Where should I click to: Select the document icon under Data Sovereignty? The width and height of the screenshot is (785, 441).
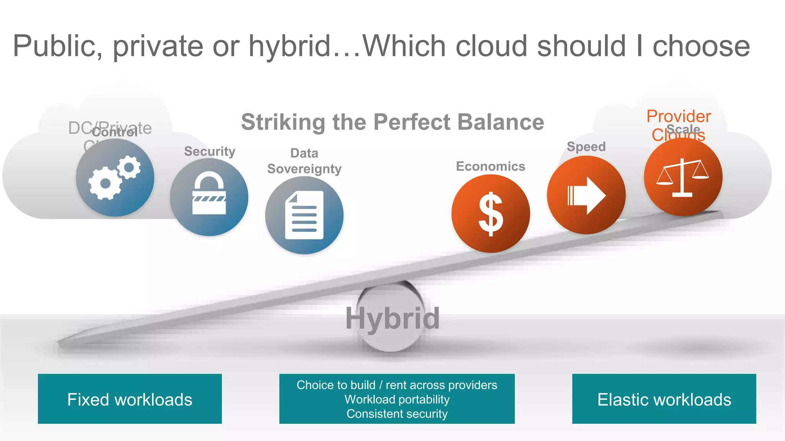pyautogui.click(x=304, y=216)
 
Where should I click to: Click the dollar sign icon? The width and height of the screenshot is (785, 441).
pyautogui.click(x=491, y=214)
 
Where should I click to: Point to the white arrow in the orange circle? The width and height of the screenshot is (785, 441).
pyautogui.click(x=586, y=195)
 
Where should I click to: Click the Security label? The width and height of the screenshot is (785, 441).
pyautogui.click(x=210, y=151)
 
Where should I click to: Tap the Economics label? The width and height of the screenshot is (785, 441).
pyautogui.click(x=490, y=166)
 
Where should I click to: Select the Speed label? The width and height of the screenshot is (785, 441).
pyautogui.click(x=586, y=147)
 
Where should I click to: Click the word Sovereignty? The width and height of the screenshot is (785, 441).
pyautogui.click(x=304, y=169)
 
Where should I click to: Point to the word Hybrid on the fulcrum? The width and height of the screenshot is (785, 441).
pyautogui.click(x=392, y=318)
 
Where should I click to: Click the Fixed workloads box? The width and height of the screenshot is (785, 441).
pyautogui.click(x=130, y=399)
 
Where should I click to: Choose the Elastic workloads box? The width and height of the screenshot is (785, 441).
pyautogui.click(x=664, y=399)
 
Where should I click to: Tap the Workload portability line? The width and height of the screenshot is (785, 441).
pyautogui.click(x=397, y=399)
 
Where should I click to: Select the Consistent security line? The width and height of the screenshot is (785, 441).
pyautogui.click(x=397, y=414)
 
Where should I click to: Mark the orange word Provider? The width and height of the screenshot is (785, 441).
pyautogui.click(x=678, y=116)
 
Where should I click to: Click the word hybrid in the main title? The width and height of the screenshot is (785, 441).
pyautogui.click(x=289, y=46)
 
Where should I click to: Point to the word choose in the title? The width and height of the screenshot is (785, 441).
pyautogui.click(x=701, y=46)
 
